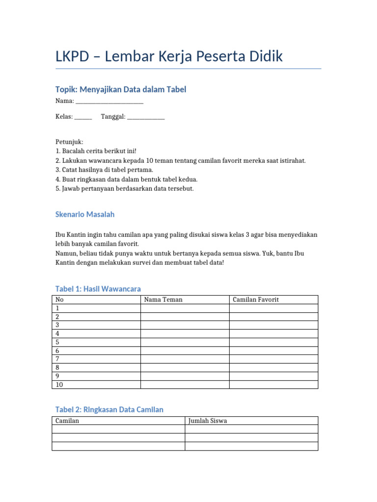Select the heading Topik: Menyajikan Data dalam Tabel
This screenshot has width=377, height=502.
(120, 89)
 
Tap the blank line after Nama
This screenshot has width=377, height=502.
(109, 101)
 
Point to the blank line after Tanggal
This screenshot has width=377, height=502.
(146, 117)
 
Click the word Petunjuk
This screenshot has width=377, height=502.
(69, 142)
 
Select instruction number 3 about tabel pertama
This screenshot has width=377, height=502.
(104, 170)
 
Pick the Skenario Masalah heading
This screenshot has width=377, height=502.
(85, 215)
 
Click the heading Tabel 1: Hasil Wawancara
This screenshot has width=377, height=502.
(98, 289)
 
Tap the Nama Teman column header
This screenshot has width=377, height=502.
(163, 300)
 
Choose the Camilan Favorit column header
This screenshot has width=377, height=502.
(256, 300)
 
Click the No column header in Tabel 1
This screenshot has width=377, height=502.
(59, 300)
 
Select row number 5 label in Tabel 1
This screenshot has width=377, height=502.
(57, 342)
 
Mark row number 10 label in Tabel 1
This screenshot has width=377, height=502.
(59, 385)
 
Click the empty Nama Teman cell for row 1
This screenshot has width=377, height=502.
(185, 308)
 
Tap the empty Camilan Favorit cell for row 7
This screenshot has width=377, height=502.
(273, 359)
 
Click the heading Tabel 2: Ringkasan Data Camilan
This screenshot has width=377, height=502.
(109, 409)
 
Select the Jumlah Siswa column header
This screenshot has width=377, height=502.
(208, 421)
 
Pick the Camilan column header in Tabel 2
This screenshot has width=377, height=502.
(67, 421)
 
